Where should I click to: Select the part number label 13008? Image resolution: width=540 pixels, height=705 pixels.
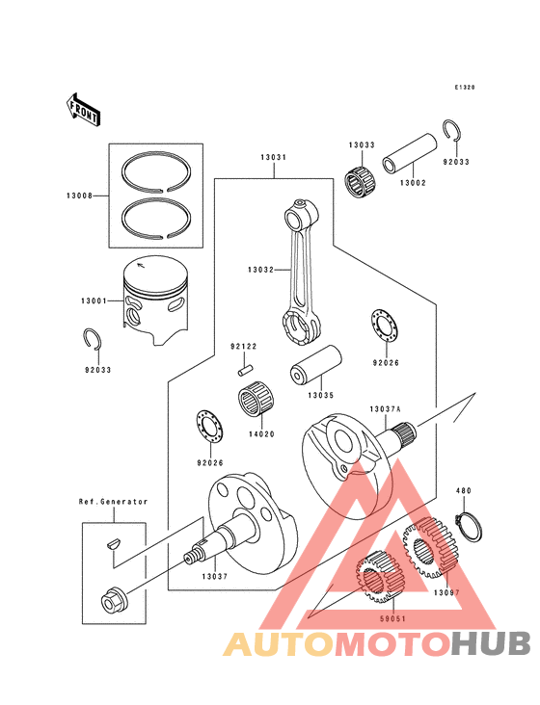click(79, 196)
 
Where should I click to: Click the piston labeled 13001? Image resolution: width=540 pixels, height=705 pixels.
click(155, 296)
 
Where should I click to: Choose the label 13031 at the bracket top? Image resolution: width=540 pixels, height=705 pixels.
click(273, 156)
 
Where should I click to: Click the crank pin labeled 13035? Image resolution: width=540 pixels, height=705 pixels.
click(317, 367)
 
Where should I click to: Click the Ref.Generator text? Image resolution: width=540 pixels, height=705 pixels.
click(113, 502)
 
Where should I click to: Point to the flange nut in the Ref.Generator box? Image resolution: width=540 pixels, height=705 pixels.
click(113, 603)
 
